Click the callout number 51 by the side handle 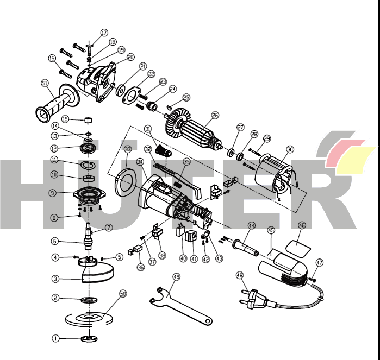(x=45, y=83)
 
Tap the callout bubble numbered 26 (x=215, y=115)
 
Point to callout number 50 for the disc (x=123, y=293)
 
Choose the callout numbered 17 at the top (x=104, y=33)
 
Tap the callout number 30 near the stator (x=290, y=149)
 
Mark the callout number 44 (x=251, y=225)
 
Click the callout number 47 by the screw (x=320, y=262)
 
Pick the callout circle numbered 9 (x=52, y=192)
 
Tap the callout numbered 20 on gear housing (x=130, y=56)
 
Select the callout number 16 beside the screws (x=52, y=58)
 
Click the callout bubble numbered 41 (x=194, y=259)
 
